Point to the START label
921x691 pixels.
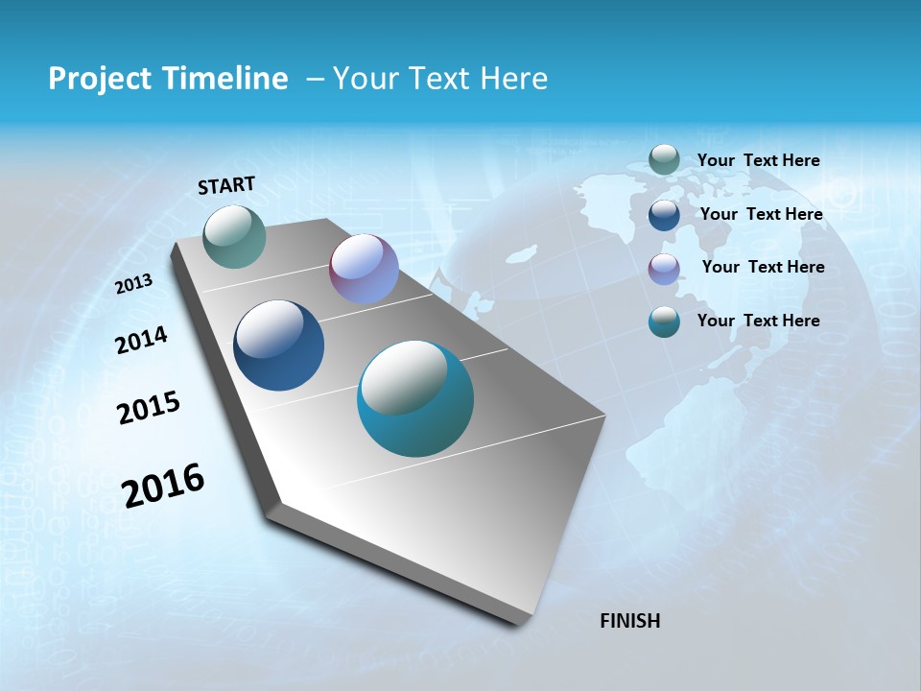(226, 185)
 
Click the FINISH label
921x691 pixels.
(629, 621)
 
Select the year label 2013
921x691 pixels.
(133, 284)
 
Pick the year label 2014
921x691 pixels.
(141, 341)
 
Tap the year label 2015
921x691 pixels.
(148, 408)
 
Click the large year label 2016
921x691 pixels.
(163, 486)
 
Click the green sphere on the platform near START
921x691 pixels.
(235, 236)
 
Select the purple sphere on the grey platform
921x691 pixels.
(364, 269)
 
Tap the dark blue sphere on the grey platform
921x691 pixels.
(278, 345)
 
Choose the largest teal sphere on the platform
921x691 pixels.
(415, 398)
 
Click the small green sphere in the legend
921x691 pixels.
(664, 159)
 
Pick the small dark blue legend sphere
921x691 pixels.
(664, 214)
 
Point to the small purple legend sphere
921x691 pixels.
(664, 269)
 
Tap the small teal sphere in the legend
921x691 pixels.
(664, 322)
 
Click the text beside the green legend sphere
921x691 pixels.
(758, 160)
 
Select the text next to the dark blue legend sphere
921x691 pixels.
(761, 214)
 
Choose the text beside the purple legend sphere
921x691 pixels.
(763, 267)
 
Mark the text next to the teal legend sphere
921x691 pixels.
(758, 321)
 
